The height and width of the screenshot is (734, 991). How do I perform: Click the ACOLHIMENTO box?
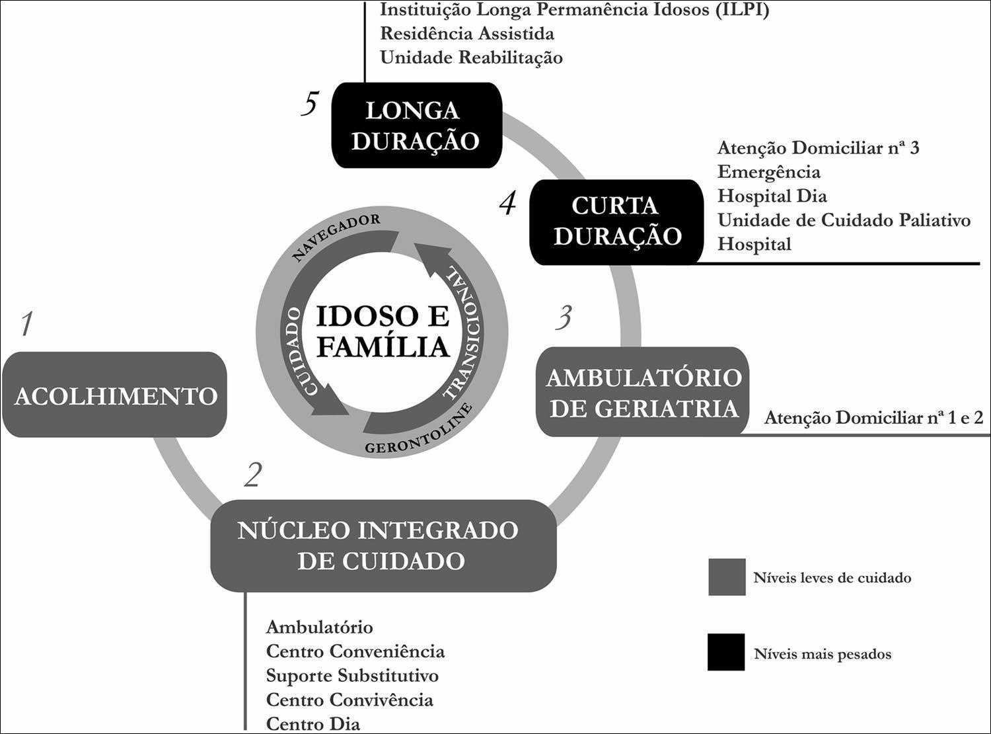(115, 395)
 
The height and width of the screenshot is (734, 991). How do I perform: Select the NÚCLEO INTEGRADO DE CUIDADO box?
(383, 546)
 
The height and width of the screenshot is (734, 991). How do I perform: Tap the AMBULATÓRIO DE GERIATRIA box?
(643, 392)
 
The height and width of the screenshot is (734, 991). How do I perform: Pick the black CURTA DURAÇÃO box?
(616, 222)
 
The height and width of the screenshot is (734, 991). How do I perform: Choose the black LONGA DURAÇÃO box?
(416, 125)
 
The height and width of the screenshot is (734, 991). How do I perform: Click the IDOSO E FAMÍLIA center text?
(383, 331)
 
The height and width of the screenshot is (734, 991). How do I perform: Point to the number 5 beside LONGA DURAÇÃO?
(310, 104)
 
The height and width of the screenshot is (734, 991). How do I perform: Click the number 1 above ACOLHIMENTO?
(26, 324)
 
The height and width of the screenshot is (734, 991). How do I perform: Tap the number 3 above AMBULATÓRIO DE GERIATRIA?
(562, 318)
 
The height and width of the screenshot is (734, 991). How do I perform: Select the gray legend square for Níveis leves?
(727, 577)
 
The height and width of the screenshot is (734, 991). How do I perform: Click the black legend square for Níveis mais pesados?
(726, 653)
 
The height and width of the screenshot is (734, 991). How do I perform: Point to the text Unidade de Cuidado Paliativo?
(844, 220)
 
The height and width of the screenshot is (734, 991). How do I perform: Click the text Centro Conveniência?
(355, 651)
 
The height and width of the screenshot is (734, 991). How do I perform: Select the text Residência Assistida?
(466, 33)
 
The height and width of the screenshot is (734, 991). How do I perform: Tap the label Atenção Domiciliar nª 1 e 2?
(873, 418)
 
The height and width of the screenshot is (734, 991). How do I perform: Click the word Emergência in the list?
(768, 172)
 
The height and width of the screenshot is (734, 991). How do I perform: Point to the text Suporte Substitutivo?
(352, 676)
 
